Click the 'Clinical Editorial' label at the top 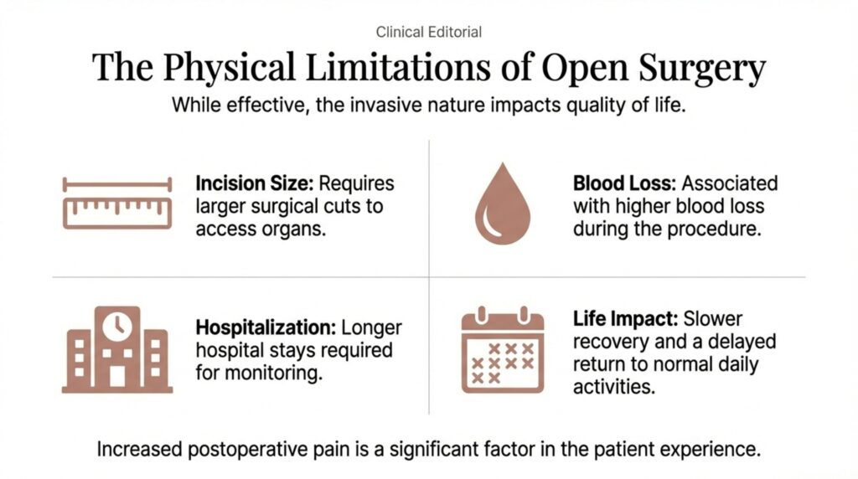[x=428, y=33]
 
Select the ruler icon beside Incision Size [x=117, y=203]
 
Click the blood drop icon [x=503, y=203]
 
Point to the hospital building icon [x=117, y=349]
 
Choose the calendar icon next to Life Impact [x=503, y=350]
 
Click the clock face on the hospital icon [x=117, y=327]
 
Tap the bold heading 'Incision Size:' [x=255, y=183]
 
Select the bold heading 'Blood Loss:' [x=624, y=183]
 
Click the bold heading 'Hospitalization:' [x=266, y=328]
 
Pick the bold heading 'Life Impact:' [x=625, y=319]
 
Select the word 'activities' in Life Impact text [x=613, y=387]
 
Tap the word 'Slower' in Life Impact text [x=713, y=319]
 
